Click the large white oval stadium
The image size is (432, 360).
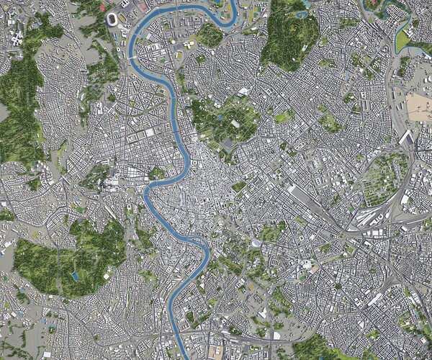coord(114,17)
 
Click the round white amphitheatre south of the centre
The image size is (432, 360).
coord(256,245)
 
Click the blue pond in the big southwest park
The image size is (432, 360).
coord(75,276)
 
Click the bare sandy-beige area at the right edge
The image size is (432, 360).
coord(419,108)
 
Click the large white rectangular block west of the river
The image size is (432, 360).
coord(150,132)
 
